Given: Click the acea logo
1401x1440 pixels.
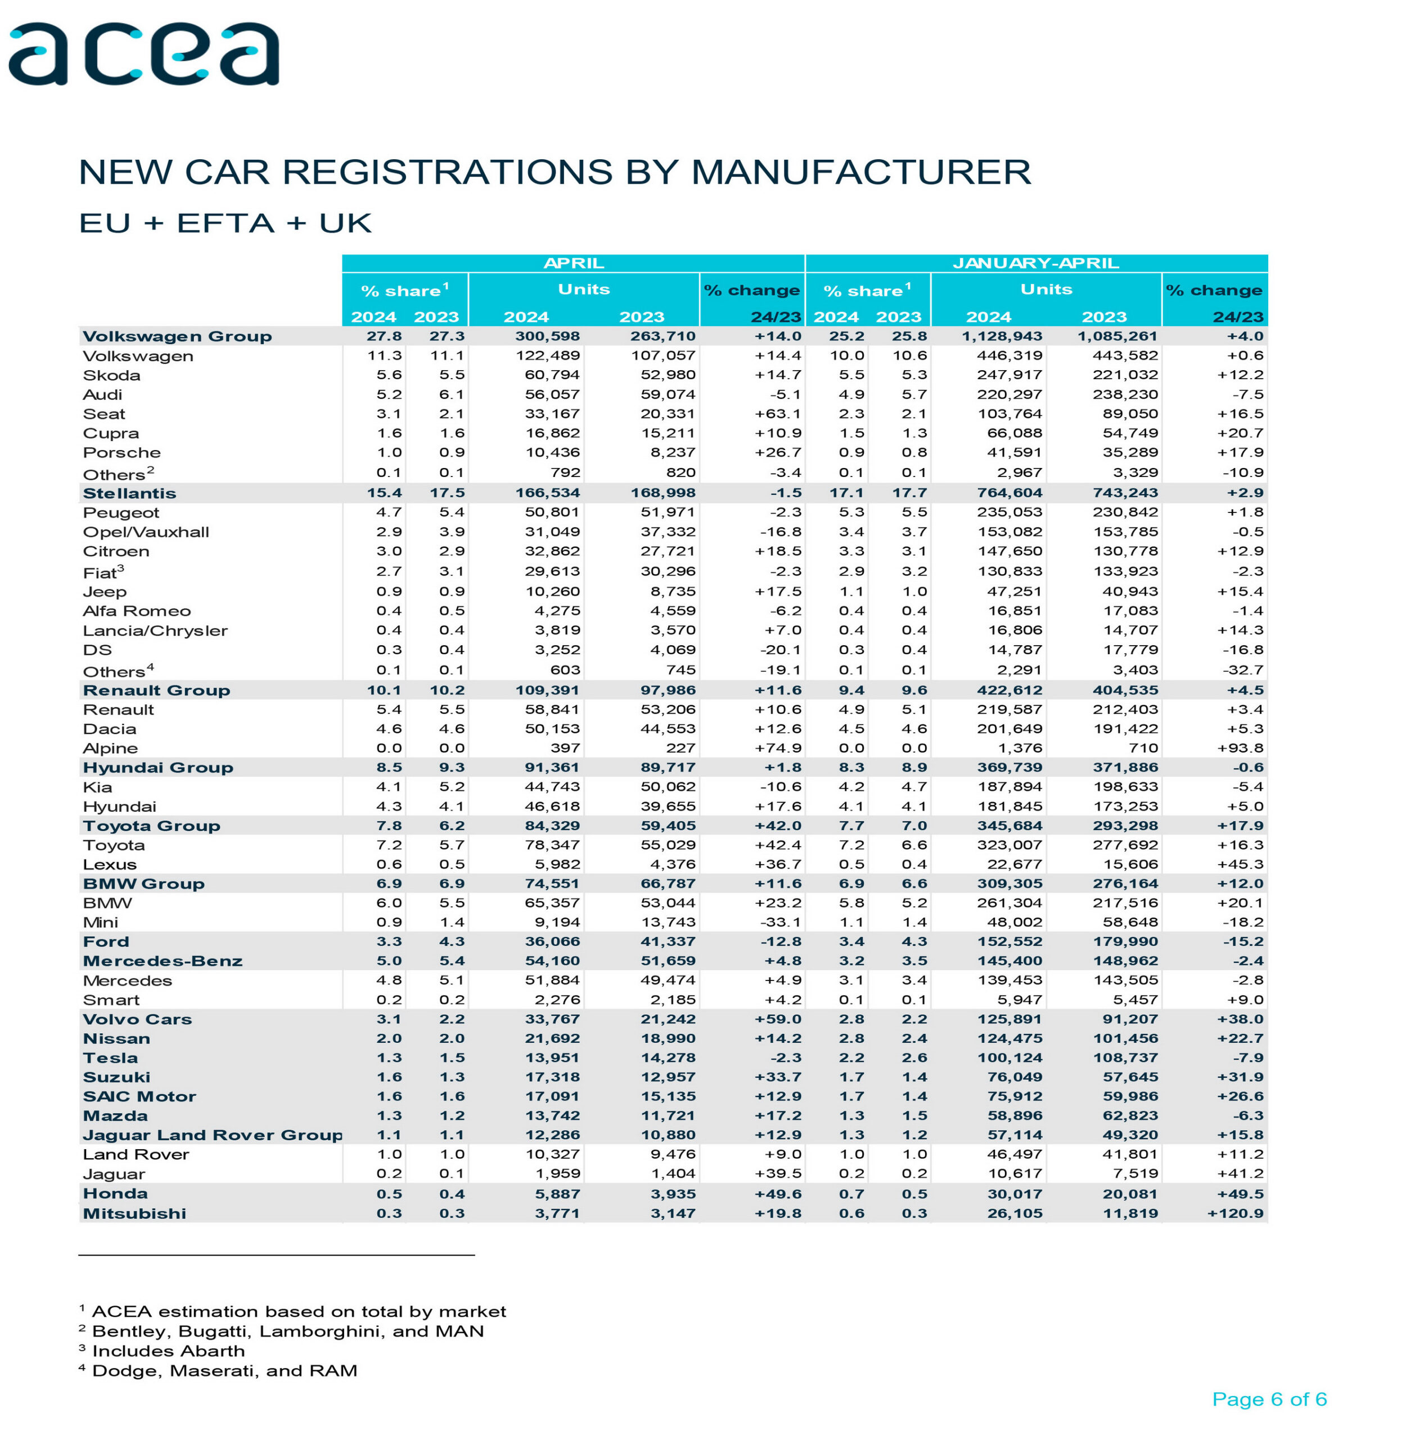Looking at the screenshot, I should [x=143, y=53].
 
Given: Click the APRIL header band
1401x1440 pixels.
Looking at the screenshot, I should [x=573, y=263].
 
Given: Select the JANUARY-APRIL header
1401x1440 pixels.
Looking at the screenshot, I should [x=1035, y=263].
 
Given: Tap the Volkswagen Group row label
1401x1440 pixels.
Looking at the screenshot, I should [x=177, y=336].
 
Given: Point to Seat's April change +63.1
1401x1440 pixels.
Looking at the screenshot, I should [x=778, y=413].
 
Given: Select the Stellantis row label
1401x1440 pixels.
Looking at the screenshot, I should [x=129, y=493].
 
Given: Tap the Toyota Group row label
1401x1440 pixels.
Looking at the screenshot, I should [x=152, y=826].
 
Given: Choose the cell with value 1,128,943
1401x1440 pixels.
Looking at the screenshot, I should [x=1002, y=336].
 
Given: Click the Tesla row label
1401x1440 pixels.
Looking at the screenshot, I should [x=110, y=1058].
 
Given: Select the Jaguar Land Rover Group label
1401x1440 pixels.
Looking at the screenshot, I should [x=213, y=1135].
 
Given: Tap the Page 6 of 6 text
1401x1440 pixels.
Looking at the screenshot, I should [x=1269, y=1399].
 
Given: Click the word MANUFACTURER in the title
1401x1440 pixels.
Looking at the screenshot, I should [x=860, y=172].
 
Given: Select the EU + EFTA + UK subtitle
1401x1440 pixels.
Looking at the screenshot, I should [x=225, y=223].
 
